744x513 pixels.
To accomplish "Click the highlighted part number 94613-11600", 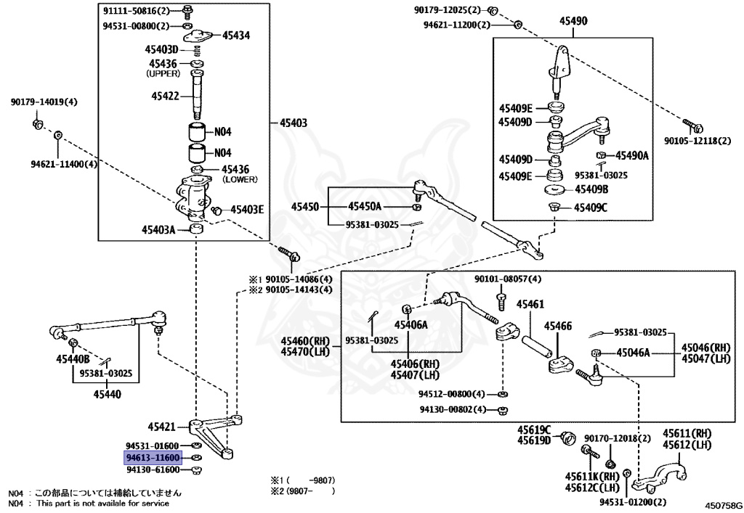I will tap(153, 458).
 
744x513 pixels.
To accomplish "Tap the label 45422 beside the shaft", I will tap(166, 96).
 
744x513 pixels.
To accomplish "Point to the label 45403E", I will tap(247, 210).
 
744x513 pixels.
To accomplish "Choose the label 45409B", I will tap(591, 190).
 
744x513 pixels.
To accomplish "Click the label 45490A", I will tap(632, 155).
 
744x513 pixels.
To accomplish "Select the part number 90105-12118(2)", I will tap(697, 140).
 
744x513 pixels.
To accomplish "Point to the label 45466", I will tap(559, 327).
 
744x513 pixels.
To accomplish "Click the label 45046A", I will tap(633, 353).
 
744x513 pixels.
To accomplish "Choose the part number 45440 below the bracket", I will tap(107, 394).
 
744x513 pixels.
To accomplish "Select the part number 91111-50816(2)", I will tap(136, 12).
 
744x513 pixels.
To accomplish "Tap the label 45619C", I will tap(534, 430).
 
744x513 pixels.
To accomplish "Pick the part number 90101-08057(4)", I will tap(508, 279).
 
